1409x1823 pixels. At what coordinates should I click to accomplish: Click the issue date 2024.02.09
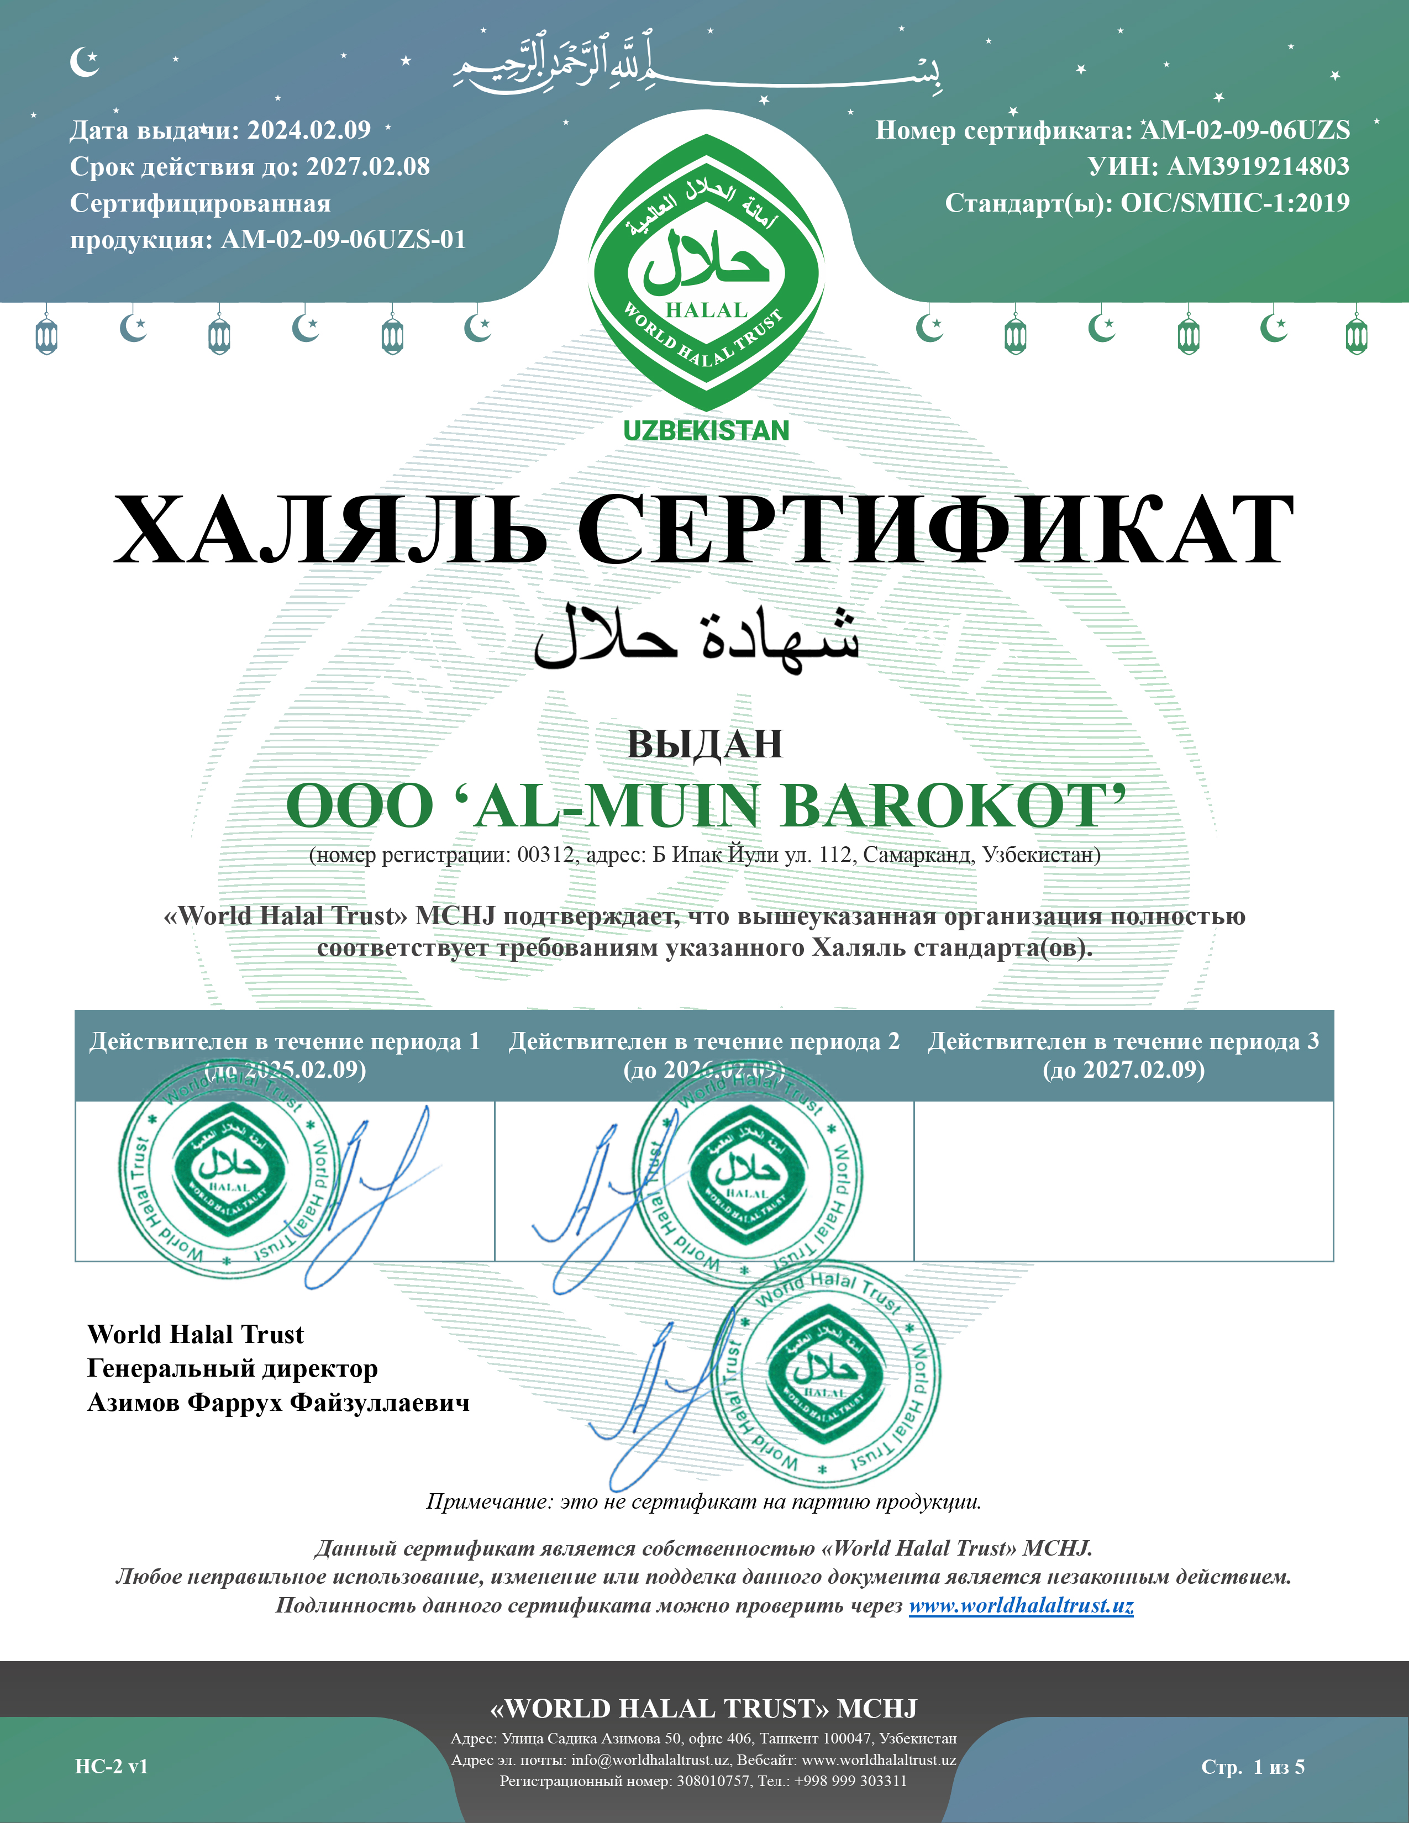(x=309, y=130)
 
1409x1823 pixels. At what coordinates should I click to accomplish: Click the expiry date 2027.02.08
(x=368, y=167)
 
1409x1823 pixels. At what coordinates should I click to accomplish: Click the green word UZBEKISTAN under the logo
(x=706, y=431)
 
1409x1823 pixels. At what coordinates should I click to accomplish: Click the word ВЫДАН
(x=704, y=744)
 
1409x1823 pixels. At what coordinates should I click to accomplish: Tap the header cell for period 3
(x=1123, y=1055)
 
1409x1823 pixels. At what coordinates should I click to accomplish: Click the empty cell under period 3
(x=1123, y=1181)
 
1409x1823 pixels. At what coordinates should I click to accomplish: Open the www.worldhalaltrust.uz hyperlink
(x=1021, y=1605)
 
